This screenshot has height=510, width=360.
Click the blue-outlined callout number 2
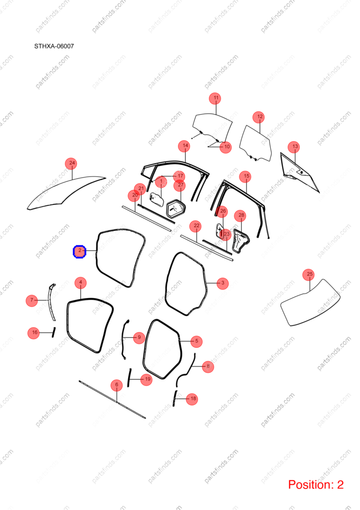click(79, 251)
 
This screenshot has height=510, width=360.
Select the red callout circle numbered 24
click(72, 163)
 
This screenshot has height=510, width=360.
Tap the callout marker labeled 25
click(309, 274)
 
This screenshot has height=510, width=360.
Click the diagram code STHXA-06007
click(54, 46)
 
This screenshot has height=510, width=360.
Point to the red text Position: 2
click(316, 484)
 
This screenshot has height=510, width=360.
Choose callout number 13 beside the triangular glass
click(295, 147)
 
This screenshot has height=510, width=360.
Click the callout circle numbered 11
click(216, 98)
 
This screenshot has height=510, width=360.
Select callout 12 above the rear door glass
click(260, 116)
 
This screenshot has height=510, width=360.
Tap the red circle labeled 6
click(117, 385)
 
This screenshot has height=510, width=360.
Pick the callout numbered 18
click(193, 398)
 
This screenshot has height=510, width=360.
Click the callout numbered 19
click(148, 379)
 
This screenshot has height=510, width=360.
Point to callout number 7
click(32, 300)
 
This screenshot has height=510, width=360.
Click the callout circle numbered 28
click(241, 215)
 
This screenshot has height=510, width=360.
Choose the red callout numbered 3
click(222, 283)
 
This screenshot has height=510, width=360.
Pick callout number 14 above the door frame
click(185, 146)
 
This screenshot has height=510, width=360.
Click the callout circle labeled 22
click(196, 226)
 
